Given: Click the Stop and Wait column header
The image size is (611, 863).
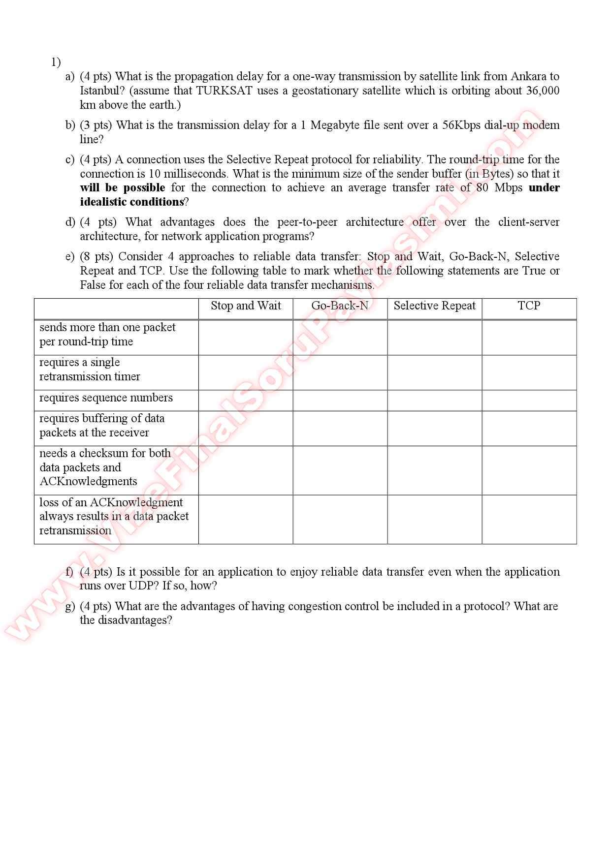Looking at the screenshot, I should [x=246, y=306].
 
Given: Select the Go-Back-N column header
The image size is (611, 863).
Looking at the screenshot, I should [x=340, y=306].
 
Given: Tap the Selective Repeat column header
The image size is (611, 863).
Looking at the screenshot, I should [x=434, y=306].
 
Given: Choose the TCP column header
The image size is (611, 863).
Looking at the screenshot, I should [x=529, y=306].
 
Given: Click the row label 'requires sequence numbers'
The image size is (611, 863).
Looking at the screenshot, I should [x=106, y=398].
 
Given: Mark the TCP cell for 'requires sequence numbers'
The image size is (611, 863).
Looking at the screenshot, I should [x=529, y=401].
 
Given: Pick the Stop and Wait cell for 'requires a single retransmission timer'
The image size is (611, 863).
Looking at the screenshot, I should [x=246, y=372].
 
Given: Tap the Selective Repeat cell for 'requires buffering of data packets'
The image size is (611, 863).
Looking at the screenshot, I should [x=434, y=429].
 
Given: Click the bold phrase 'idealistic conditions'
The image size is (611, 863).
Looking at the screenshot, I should [x=131, y=202].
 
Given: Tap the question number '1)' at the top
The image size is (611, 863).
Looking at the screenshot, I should [x=56, y=62].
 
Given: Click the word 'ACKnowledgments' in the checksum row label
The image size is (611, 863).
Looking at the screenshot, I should [x=88, y=482].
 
